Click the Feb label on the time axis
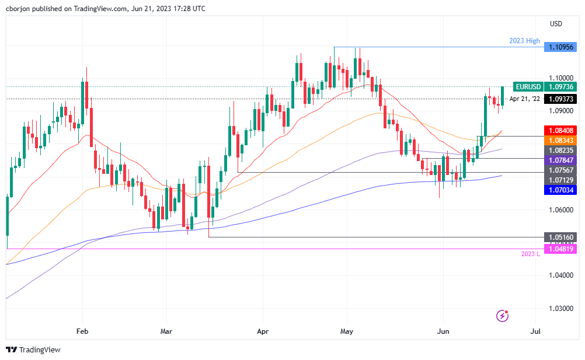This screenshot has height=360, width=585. tap(82, 330)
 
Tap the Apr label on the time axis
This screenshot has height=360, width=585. tap(262, 330)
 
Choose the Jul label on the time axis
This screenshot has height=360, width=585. tap(535, 330)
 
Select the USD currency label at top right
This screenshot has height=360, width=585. tap(556, 24)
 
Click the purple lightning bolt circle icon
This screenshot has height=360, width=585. tap(502, 316)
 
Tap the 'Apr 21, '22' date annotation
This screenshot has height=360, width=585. tap(524, 99)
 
